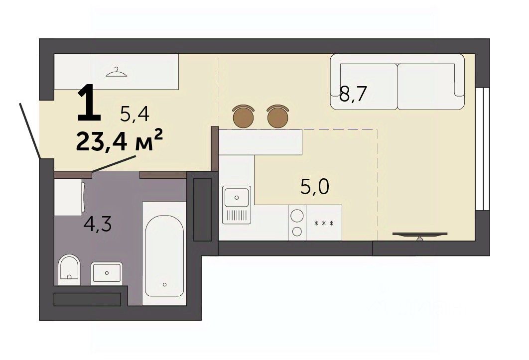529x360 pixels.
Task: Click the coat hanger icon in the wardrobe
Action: [x=117, y=72]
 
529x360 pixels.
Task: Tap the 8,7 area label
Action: [x=353, y=94]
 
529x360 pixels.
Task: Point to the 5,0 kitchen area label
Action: [x=314, y=187]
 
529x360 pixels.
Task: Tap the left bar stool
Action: [x=243, y=116]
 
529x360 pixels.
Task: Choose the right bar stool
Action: [x=277, y=116]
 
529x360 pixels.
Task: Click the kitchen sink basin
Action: [x=237, y=197]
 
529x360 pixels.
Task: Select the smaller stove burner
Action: [x=297, y=232]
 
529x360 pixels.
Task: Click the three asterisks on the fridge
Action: [x=324, y=224]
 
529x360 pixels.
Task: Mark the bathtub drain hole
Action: [x=165, y=284]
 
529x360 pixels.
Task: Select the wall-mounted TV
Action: [x=420, y=235]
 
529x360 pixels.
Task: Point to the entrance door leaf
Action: [x=30, y=131]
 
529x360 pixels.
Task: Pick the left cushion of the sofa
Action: [x=369, y=86]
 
